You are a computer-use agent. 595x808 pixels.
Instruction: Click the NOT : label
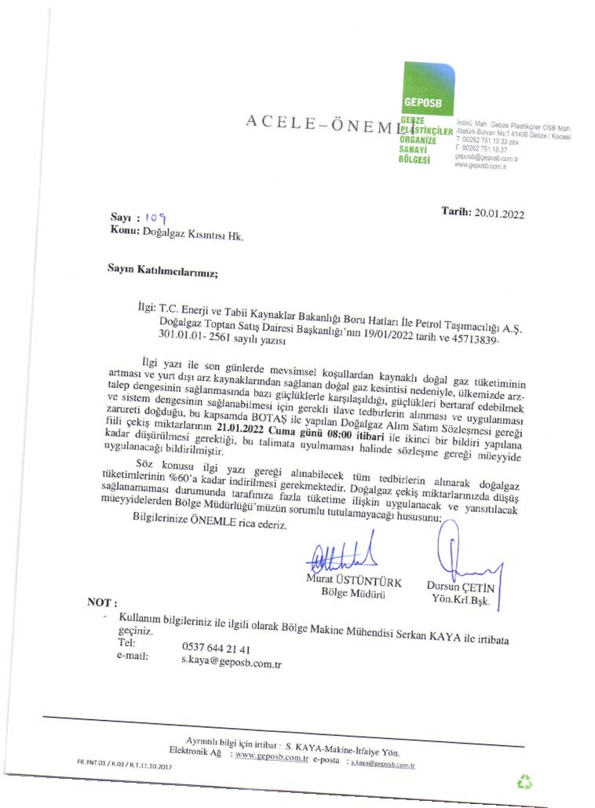103,603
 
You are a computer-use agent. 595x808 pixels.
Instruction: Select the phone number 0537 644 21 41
216,649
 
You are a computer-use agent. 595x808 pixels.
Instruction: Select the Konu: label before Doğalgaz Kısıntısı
125,231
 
